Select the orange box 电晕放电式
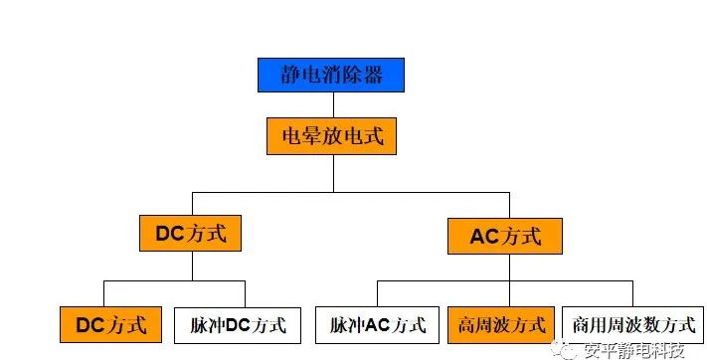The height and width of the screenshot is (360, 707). [331, 137]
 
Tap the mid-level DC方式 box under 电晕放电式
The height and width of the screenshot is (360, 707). [191, 235]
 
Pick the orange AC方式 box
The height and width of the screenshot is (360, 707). [504, 237]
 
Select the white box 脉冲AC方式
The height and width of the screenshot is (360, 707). [378, 324]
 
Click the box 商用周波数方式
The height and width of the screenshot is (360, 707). [632, 324]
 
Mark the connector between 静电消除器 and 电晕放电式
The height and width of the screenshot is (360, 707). [331, 104]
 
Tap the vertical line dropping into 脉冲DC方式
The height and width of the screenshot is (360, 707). [246, 294]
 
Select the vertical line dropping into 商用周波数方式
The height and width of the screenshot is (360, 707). [632, 294]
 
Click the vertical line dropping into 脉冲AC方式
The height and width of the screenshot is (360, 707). [378, 294]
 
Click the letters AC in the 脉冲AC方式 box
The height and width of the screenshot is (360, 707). [378, 324]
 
